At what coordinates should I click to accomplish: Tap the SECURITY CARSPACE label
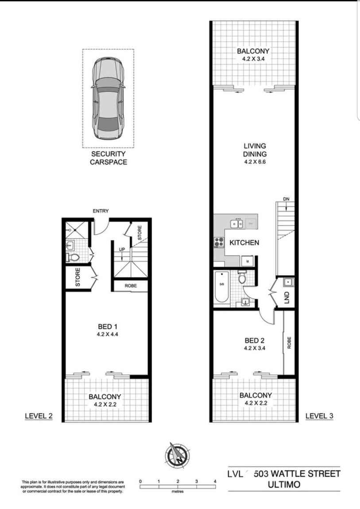tap(108, 158)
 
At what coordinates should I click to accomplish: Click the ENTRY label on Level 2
tap(101, 211)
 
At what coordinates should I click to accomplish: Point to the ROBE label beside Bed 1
tap(130, 286)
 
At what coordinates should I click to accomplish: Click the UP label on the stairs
tap(122, 250)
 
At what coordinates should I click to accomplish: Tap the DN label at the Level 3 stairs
tap(286, 199)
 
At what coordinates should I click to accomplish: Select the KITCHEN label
tap(244, 243)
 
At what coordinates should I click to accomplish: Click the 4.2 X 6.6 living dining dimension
tap(255, 162)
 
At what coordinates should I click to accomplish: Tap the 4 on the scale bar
tap(215, 481)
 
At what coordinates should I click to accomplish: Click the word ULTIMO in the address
tap(284, 485)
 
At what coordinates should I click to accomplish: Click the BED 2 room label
tap(255, 341)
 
